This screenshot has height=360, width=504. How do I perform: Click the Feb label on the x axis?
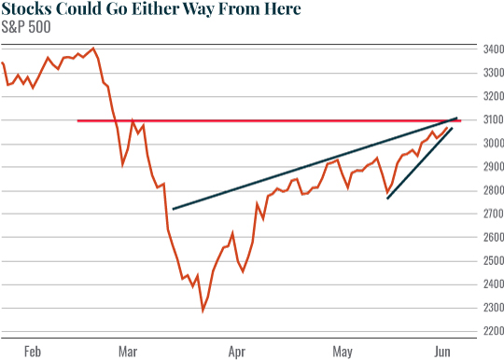coord(33,352)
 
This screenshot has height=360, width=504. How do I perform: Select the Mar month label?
coord(128,352)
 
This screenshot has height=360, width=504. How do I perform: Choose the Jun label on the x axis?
coord(442,352)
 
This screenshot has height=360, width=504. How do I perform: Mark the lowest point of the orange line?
coord(203,310)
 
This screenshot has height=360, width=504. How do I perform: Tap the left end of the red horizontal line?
coord(77,120)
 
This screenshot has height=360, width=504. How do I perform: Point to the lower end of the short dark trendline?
coord(387,198)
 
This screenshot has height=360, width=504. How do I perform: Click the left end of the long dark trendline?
coord(174,209)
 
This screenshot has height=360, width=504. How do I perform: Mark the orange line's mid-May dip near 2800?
coord(386,193)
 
